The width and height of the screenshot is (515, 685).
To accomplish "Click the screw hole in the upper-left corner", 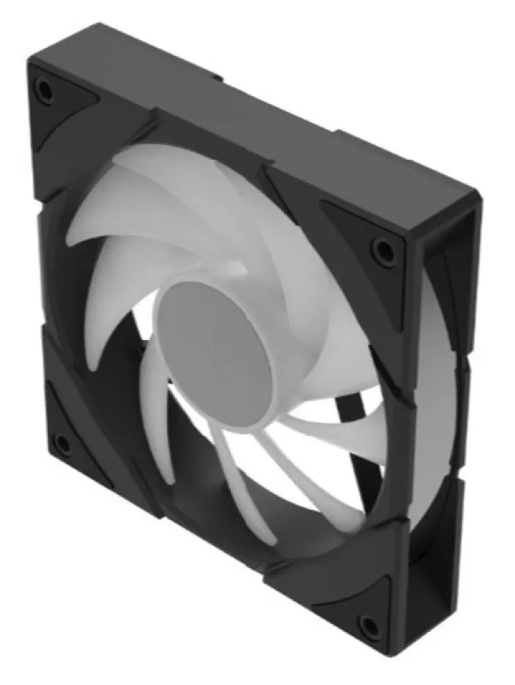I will pyautogui.click(x=45, y=90).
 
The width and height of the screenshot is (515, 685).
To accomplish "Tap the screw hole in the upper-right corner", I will pyautogui.click(x=380, y=250).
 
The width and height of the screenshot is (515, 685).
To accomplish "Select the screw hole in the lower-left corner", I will pyautogui.click(x=61, y=444).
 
